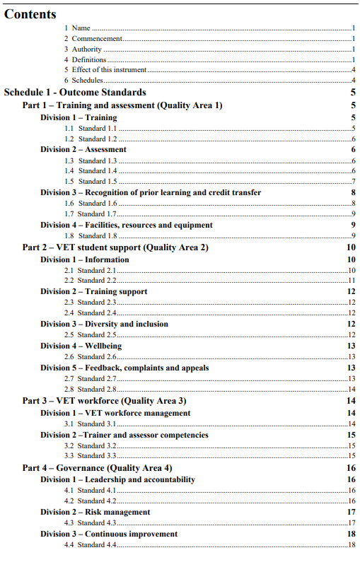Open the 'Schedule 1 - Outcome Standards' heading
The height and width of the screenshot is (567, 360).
76,92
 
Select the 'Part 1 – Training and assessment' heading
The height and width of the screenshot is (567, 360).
122,105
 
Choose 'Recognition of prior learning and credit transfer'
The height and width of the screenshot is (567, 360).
151,192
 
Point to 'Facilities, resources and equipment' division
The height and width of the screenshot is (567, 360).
127,225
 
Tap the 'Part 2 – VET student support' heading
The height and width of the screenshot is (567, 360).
115,247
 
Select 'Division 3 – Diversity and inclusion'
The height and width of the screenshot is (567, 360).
104,324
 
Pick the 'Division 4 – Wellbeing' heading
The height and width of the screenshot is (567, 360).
81,346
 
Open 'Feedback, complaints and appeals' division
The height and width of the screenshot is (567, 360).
124,368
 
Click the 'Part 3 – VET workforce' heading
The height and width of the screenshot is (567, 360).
104,401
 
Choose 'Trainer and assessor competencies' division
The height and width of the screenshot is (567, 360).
124,435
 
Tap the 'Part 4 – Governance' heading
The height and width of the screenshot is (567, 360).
97,468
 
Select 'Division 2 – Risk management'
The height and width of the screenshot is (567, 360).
95,512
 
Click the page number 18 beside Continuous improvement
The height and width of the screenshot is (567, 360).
351,534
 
